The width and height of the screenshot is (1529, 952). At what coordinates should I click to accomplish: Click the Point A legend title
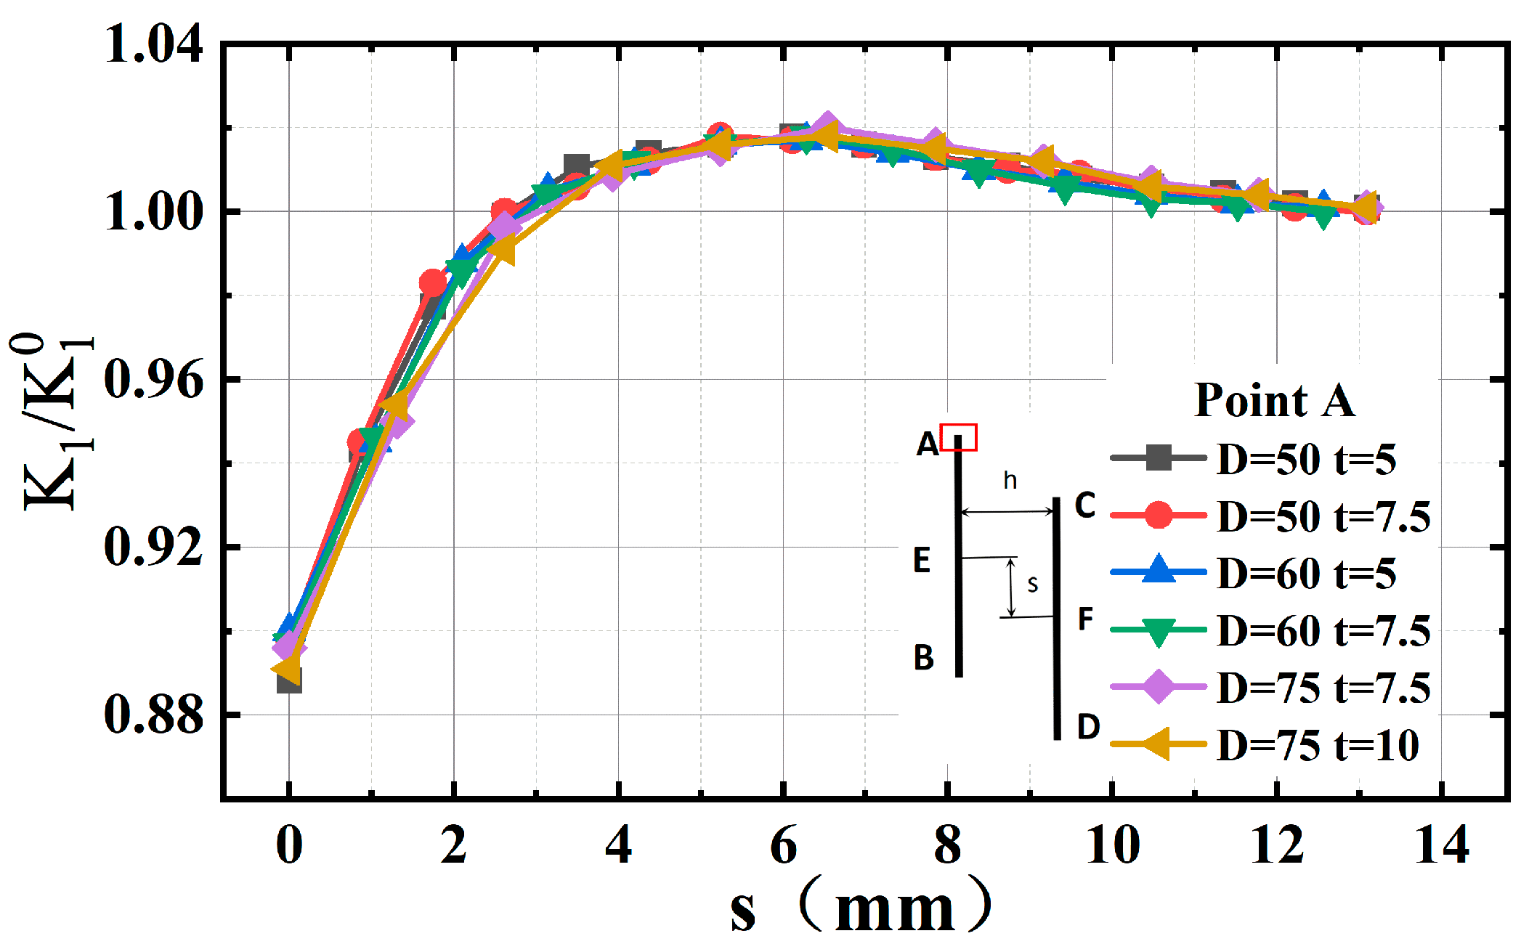point(1275,399)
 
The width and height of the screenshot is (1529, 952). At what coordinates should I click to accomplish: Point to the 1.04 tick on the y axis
point(153,45)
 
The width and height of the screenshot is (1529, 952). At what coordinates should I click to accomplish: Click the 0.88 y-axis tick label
point(153,715)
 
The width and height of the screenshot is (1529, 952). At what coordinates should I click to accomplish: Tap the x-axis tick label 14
point(1442,845)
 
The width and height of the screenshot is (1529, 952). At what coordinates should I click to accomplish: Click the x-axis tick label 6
point(783,845)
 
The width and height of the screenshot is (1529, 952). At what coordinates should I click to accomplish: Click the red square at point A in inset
point(959,438)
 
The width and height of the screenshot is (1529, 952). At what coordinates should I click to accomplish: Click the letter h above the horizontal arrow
point(1010,480)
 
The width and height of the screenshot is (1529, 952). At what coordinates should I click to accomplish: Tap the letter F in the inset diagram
point(1085,619)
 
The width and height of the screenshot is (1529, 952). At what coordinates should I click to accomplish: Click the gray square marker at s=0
point(289,681)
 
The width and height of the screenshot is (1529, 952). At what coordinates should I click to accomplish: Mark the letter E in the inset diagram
point(922,560)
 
